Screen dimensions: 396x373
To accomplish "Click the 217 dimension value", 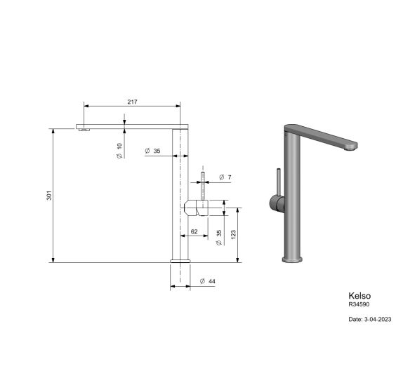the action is pyautogui.click(x=132, y=102).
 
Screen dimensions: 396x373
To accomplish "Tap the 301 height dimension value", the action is pyautogui.click(x=49, y=196).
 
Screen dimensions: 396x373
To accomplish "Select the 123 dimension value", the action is pyautogui.click(x=233, y=235).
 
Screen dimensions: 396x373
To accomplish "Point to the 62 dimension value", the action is pyautogui.click(x=194, y=231).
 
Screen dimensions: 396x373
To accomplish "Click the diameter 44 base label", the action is pyautogui.click(x=207, y=281).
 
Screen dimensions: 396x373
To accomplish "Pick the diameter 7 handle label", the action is pyautogui.click(x=225, y=177).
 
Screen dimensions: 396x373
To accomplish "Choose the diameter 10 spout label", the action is pyautogui.click(x=119, y=151).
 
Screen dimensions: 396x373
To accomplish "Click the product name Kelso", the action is pyautogui.click(x=359, y=296).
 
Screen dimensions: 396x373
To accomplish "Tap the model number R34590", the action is pyautogui.click(x=359, y=304).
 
